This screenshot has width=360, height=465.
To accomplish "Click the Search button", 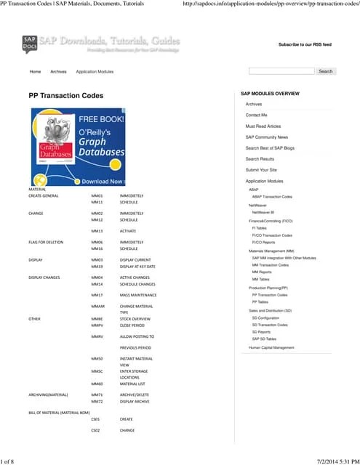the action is [x=325, y=71].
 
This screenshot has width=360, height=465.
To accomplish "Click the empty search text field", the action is [x=281, y=71].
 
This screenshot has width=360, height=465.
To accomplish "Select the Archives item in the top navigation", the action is [x=58, y=72].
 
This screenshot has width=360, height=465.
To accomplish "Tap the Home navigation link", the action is [x=35, y=72].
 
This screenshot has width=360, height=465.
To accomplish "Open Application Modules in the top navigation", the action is [x=95, y=72].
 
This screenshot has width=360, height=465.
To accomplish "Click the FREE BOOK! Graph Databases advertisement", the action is [x=78, y=147].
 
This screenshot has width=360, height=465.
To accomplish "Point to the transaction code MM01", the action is [x=97, y=196].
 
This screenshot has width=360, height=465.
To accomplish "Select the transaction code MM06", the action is [x=97, y=242].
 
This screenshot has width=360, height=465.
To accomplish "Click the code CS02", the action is [x=95, y=430].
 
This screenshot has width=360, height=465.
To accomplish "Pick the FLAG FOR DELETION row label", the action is [x=45, y=242].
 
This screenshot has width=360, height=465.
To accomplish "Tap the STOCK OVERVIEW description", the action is [x=135, y=319].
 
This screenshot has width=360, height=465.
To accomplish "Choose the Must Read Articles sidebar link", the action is [x=263, y=126].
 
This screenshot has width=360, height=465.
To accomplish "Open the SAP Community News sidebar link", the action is [x=266, y=137].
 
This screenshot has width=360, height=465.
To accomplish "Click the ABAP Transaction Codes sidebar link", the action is [x=272, y=197].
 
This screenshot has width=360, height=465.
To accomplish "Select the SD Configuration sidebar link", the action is [x=265, y=318].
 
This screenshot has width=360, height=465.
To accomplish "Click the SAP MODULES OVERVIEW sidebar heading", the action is [x=270, y=94].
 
